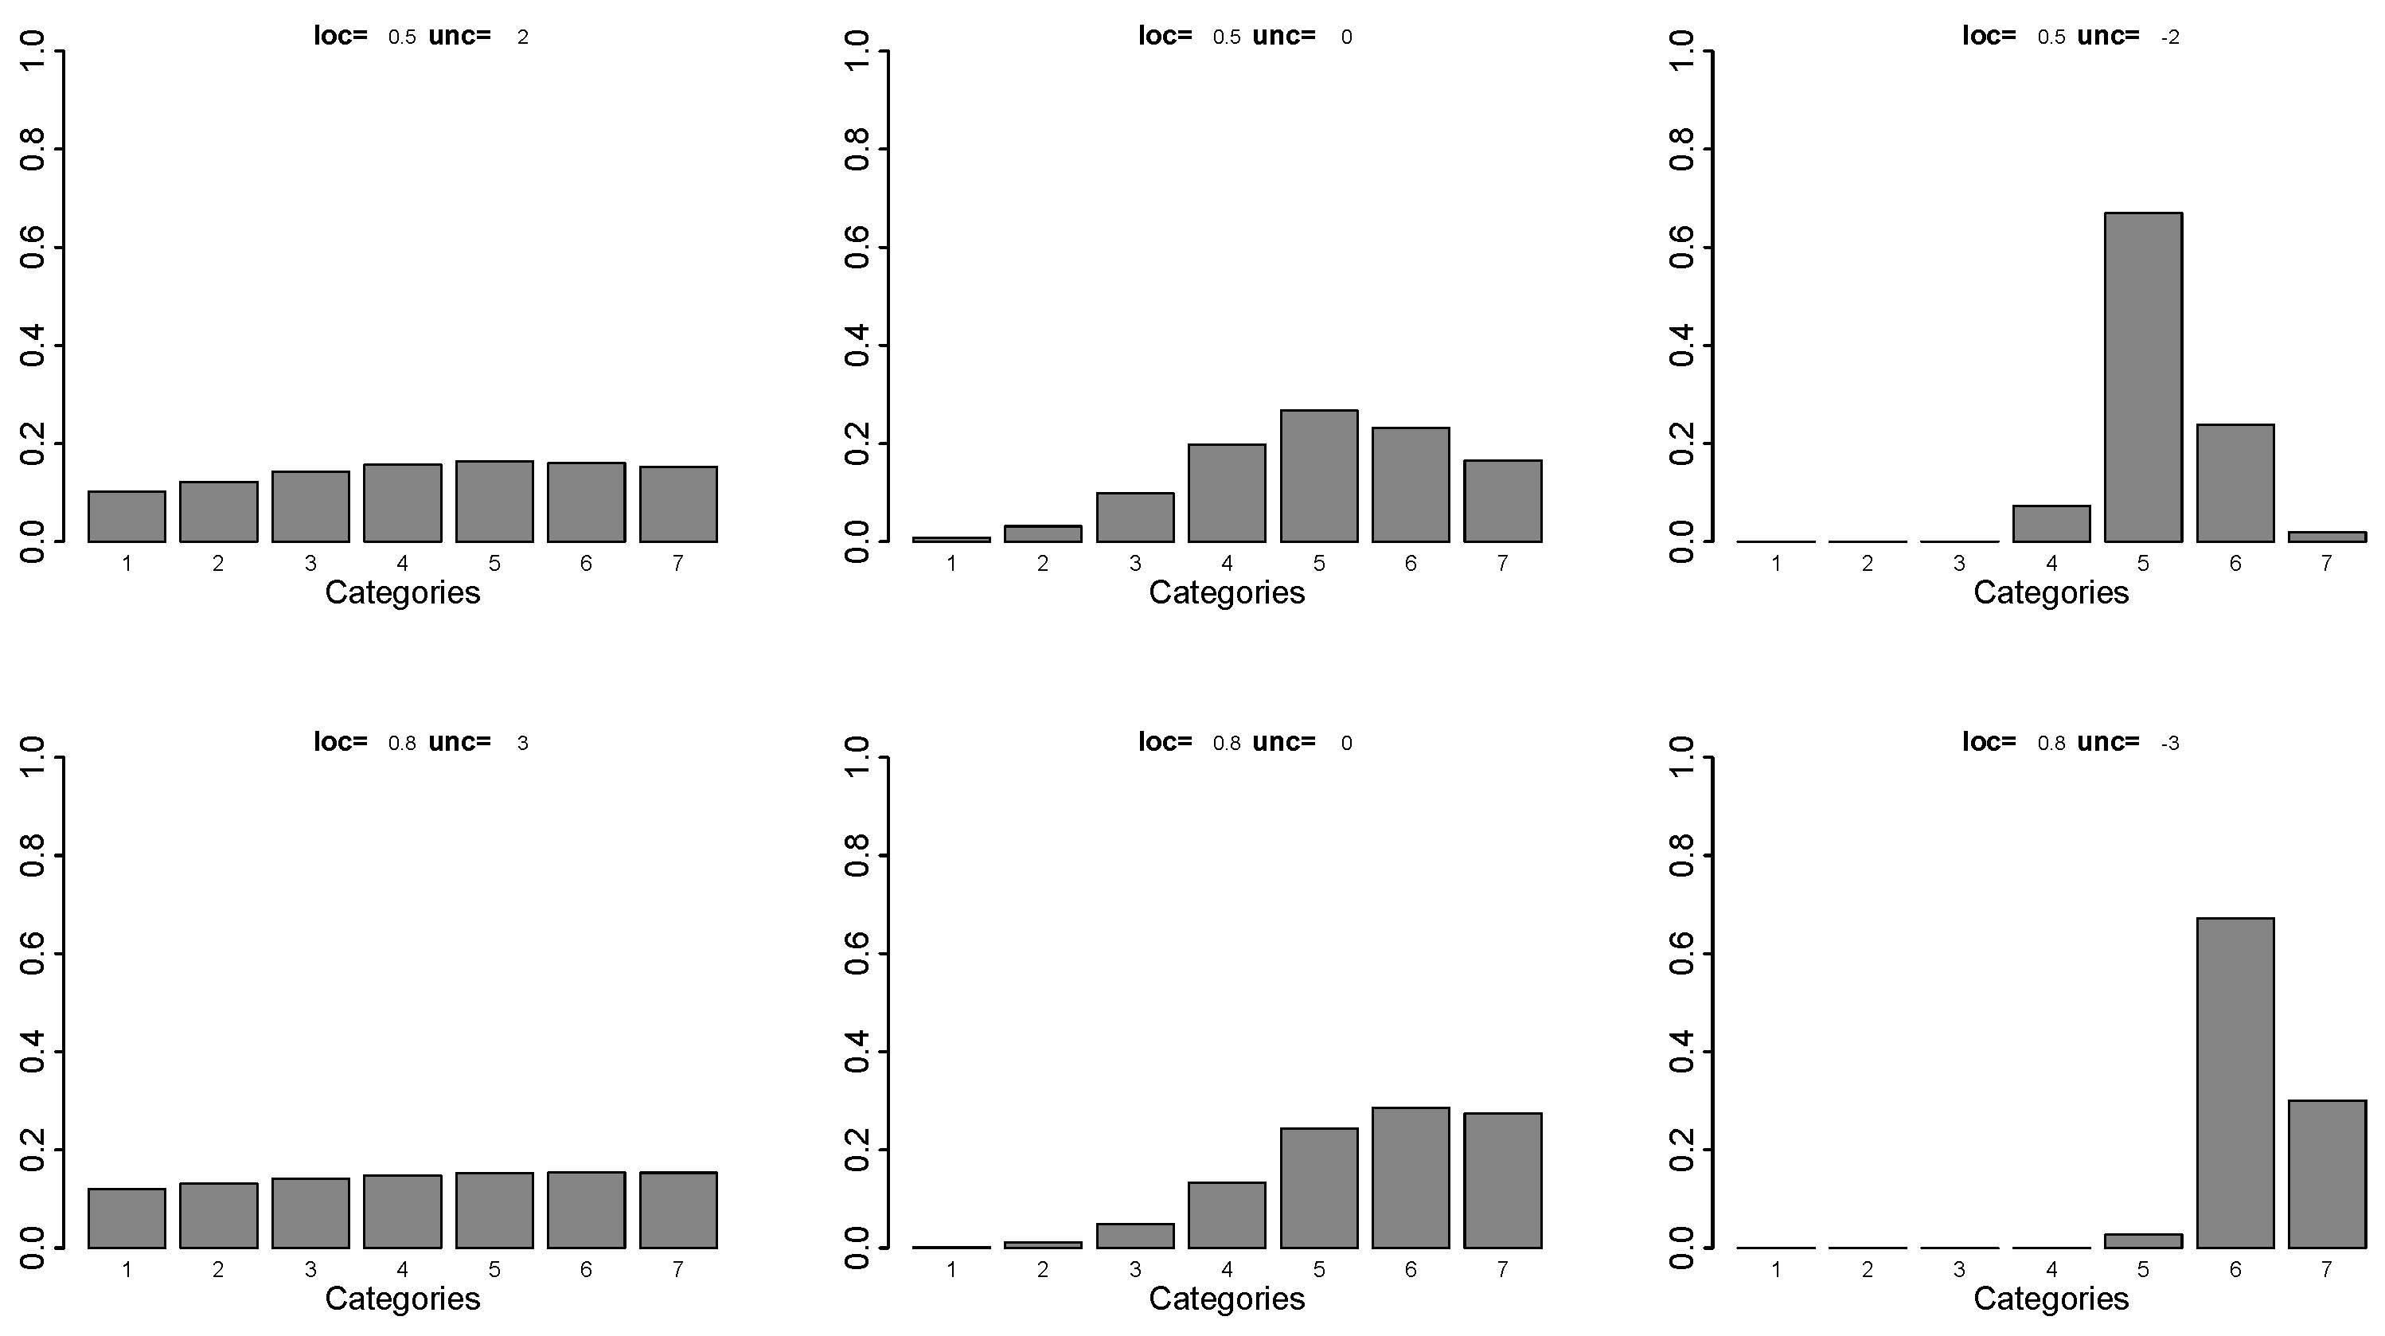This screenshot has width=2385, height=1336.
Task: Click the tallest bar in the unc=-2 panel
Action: pyautogui.click(x=2142, y=377)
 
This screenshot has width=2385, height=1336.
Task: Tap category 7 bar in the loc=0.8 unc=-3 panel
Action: pyautogui.click(x=2326, y=1174)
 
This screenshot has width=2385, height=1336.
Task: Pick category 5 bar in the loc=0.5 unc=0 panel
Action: pyautogui.click(x=1318, y=476)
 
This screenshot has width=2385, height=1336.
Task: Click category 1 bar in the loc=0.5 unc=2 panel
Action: pyautogui.click(x=127, y=517)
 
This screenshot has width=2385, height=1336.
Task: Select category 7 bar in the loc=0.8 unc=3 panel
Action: pyautogui.click(x=677, y=1210)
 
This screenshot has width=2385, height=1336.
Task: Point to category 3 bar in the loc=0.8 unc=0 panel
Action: pyautogui.click(x=1135, y=1236)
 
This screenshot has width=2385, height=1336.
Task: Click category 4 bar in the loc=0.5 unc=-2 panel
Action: pyautogui.click(x=2051, y=524)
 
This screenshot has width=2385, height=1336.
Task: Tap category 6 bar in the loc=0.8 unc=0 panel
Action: pyautogui.click(x=1410, y=1178)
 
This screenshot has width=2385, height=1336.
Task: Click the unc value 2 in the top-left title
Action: pyautogui.click(x=523, y=38)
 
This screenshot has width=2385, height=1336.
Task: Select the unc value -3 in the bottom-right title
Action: pyautogui.click(x=2169, y=744)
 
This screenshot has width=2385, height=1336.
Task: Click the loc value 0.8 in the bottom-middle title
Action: pyautogui.click(x=1226, y=744)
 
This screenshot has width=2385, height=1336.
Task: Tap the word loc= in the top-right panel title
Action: pyautogui.click(x=1989, y=36)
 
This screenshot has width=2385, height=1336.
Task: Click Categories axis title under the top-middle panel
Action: pyautogui.click(x=1226, y=592)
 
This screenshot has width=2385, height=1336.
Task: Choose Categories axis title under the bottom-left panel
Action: pyautogui.click(x=402, y=1299)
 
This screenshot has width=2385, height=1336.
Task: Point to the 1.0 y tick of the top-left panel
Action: pyautogui.click(x=33, y=51)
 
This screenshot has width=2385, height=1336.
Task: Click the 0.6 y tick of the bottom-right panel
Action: pyautogui.click(x=1680, y=954)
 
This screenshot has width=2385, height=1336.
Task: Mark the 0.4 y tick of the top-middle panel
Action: pyautogui.click(x=857, y=346)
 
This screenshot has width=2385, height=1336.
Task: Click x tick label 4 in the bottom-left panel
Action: pyautogui.click(x=402, y=1269)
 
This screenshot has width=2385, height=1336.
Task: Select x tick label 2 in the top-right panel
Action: pyautogui.click(x=1867, y=563)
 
